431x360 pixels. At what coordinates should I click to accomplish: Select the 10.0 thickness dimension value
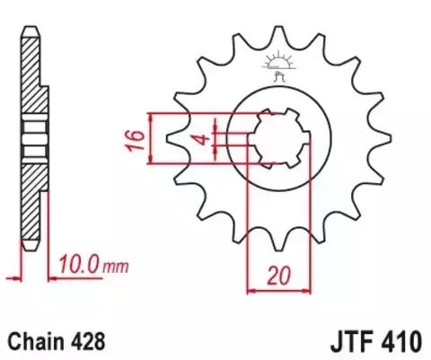coord(80,266)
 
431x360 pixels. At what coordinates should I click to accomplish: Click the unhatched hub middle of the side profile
coord(33,137)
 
